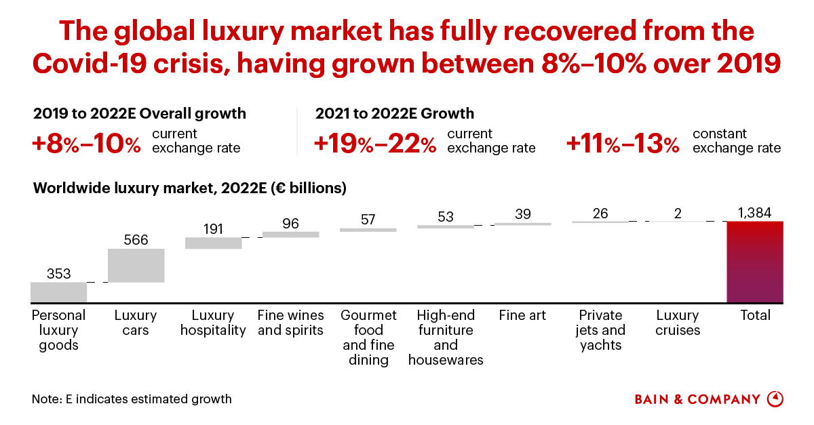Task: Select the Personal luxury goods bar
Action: (x=59, y=292)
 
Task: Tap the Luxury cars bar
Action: (x=136, y=265)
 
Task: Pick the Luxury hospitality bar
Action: (x=214, y=243)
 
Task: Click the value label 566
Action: (x=136, y=239)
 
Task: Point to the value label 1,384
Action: (x=755, y=212)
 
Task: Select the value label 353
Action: (x=59, y=273)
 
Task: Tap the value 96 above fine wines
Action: (x=290, y=223)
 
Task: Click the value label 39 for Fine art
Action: (x=522, y=214)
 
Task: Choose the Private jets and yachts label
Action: (x=601, y=330)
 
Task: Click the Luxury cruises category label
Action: (x=678, y=323)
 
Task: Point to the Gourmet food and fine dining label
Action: (x=368, y=338)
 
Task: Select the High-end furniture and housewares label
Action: (x=446, y=338)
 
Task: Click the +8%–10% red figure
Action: (x=87, y=144)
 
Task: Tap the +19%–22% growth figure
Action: (x=375, y=144)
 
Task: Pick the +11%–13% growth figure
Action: (x=623, y=144)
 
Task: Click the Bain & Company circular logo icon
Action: (x=775, y=399)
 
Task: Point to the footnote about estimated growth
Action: (x=132, y=399)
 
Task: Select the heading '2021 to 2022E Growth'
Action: (x=395, y=113)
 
